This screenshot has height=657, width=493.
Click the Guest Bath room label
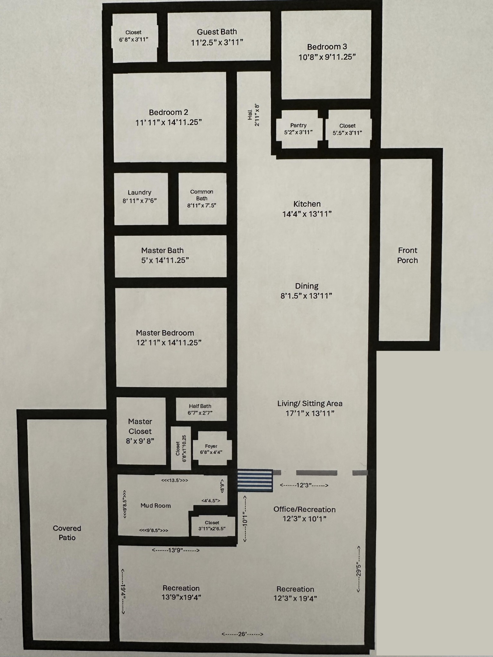pos(217,32)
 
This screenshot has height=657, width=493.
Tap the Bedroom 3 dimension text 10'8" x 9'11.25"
pos(327,57)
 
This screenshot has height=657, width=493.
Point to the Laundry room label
pos(139,192)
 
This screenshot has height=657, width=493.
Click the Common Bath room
pos(203,199)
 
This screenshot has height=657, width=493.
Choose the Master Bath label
pos(162,251)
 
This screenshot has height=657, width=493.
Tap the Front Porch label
pos(408,255)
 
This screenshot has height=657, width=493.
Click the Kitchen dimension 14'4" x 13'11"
pos(307,214)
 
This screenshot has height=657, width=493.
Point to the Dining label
pos(307,286)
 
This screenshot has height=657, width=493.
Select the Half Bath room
pos(201,409)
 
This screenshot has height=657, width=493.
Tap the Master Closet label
pos(140,426)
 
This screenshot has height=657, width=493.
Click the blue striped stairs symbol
pos(255,481)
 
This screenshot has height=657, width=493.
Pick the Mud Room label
pos(156,506)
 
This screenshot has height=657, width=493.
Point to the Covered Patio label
pos(67,533)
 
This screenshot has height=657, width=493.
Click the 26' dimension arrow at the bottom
pos(242,634)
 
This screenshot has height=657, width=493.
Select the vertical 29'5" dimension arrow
pos(359,569)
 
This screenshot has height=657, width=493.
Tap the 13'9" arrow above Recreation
pos(176,550)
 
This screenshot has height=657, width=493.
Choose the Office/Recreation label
pos(305,509)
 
